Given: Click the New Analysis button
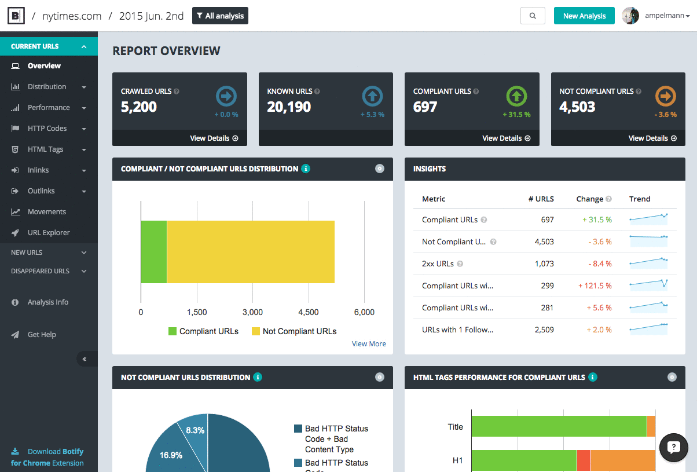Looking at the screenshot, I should (584, 16).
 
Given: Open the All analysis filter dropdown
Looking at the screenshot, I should (220, 16).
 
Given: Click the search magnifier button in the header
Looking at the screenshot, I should (533, 16).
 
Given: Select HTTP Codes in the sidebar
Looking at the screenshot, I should (47, 129).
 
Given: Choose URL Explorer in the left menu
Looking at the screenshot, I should (49, 233).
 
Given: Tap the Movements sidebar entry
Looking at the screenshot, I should (46, 212).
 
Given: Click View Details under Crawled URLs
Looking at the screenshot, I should (214, 138).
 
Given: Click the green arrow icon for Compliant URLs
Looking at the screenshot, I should (518, 96).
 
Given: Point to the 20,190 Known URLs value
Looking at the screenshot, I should (289, 107).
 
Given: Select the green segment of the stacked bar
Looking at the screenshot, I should (154, 252).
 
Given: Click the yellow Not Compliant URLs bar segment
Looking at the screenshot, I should (251, 252).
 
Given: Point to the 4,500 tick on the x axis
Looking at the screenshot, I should (308, 312).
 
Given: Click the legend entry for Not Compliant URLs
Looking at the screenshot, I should (294, 331).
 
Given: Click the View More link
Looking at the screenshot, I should (369, 344).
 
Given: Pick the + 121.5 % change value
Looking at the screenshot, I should (595, 286).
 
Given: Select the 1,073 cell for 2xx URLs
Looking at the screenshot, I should (544, 264).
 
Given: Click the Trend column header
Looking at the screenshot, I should (640, 199).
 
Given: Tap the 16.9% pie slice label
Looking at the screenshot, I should (171, 455).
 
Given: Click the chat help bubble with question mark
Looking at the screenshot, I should (673, 447).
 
